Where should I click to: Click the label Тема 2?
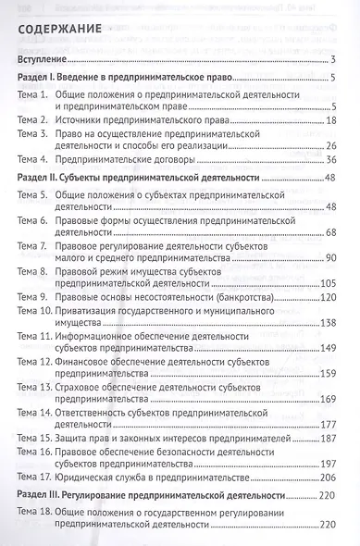[x=37, y=119]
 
